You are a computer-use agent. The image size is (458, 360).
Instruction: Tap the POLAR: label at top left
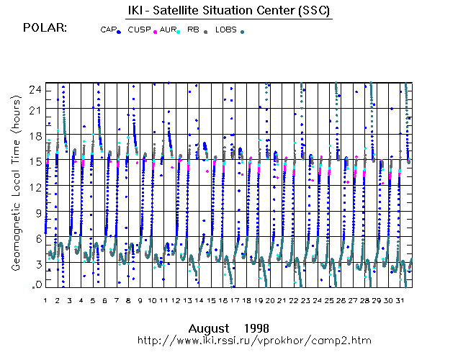(x=45, y=28)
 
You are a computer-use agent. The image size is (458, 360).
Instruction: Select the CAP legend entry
(x=109, y=30)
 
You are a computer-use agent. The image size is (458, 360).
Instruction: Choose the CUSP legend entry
(x=140, y=30)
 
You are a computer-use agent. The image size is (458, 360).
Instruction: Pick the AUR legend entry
(x=169, y=30)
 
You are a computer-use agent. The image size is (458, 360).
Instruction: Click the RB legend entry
(x=194, y=30)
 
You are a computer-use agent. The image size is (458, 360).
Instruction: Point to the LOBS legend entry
(x=226, y=30)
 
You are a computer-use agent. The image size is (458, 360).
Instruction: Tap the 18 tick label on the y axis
(x=35, y=135)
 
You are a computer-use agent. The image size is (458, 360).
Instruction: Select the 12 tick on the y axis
(x=35, y=187)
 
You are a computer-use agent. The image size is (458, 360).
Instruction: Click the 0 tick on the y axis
(x=37, y=285)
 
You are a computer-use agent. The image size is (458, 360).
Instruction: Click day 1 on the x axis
(x=45, y=300)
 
